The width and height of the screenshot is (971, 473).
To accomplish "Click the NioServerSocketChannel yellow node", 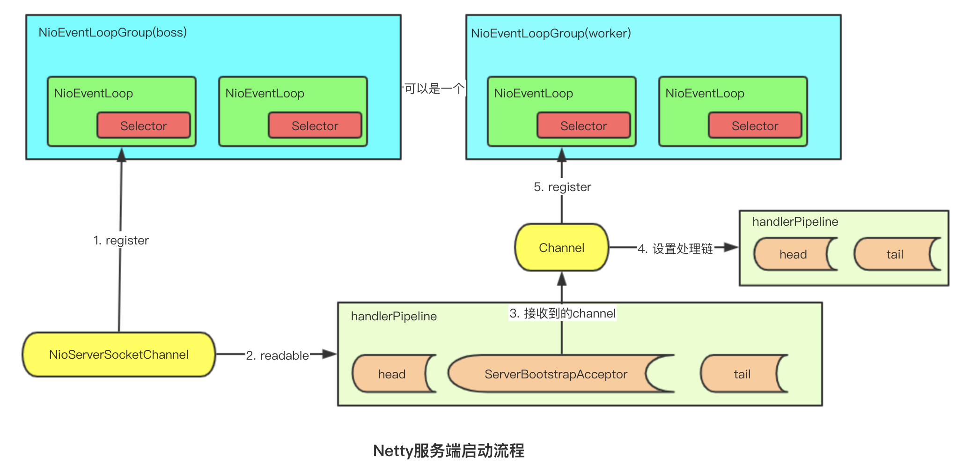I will [x=118, y=355].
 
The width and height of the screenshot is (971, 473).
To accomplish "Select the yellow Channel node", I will [x=561, y=248].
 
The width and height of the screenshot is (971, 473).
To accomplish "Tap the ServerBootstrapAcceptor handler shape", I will [x=556, y=374].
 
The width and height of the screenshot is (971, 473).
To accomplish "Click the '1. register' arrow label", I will [x=121, y=240].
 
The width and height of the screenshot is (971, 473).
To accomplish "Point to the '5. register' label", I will [x=562, y=187].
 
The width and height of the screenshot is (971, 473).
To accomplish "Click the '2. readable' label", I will [x=277, y=355].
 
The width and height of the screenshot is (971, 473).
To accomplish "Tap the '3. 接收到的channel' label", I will [x=562, y=313].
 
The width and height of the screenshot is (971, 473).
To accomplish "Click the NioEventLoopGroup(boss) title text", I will [x=112, y=32].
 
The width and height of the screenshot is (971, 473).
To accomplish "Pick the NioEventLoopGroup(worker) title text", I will [x=551, y=33].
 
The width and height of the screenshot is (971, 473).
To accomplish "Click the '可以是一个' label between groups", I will [x=434, y=88].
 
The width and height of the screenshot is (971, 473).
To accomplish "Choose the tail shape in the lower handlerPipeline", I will [x=742, y=374].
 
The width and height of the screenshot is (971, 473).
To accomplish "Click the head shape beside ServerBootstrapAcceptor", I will [x=392, y=374].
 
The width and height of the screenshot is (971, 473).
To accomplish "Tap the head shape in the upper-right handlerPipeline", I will [x=793, y=254].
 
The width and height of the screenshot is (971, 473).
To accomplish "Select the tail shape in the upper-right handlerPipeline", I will [x=894, y=254].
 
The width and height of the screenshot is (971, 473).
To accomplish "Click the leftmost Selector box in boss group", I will [x=143, y=126].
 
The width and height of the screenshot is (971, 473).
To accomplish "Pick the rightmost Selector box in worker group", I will [x=755, y=126].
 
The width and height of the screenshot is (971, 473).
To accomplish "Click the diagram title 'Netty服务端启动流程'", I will [x=449, y=451].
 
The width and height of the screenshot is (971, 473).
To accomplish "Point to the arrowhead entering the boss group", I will [x=122, y=155].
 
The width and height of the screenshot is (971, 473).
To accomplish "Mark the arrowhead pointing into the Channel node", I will [x=562, y=279].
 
